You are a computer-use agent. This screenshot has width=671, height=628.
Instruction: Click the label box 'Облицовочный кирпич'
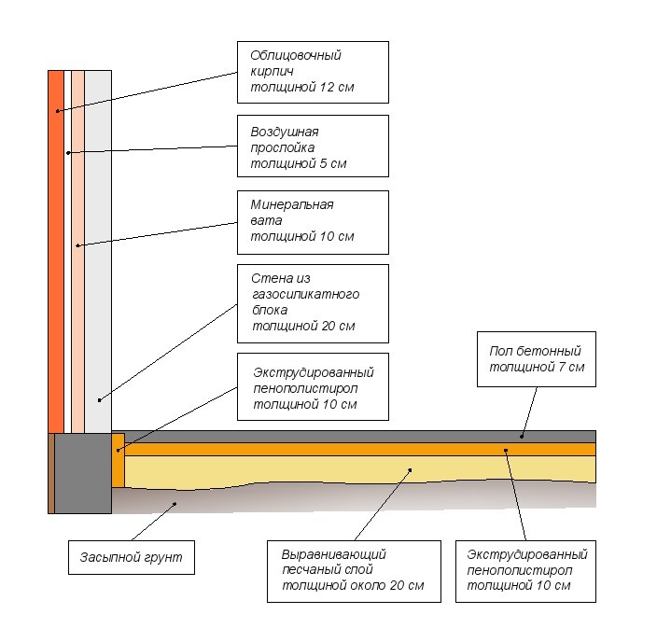pos(312,72)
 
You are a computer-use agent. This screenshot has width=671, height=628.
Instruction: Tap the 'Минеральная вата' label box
pos(312,221)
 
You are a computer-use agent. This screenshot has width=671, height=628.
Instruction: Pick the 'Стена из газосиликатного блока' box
pos(312,303)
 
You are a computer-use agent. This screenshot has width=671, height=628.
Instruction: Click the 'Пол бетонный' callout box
pos(535,359)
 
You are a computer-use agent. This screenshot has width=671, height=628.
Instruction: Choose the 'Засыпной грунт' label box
pos(131,559)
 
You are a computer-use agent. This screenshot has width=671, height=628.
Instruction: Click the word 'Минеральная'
pos(292,205)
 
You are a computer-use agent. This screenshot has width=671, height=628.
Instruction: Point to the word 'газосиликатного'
pos(305,294)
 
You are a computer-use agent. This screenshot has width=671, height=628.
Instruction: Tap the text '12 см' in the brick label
pos(338,89)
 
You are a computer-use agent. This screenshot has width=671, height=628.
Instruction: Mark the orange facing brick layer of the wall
pos(56,252)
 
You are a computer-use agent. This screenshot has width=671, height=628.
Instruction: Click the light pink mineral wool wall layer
pos(77,252)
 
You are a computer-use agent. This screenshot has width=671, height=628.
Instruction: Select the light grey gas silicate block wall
pos(98,252)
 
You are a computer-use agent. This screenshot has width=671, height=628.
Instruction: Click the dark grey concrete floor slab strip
pos(373,436)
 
